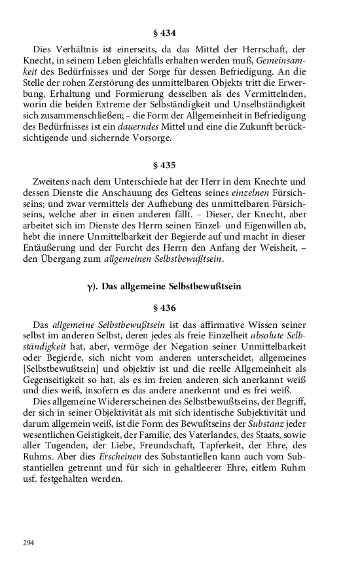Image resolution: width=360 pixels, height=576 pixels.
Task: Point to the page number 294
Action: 28,543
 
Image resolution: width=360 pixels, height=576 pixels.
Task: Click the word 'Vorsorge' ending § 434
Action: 152,138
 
